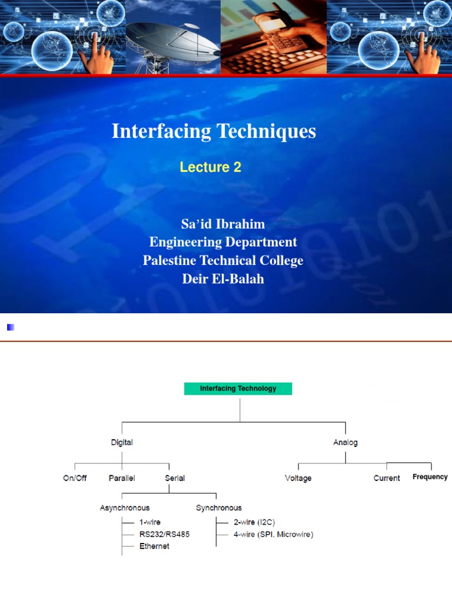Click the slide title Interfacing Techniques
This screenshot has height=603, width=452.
[x=214, y=131]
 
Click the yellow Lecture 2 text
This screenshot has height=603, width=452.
[x=210, y=167]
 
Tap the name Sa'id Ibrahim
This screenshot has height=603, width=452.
[x=222, y=224]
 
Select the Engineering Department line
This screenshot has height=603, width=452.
[x=222, y=242]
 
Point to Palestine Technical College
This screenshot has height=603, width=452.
[x=222, y=260]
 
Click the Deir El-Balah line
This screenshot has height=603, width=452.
[x=222, y=279]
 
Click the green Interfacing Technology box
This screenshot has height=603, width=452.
[x=238, y=389]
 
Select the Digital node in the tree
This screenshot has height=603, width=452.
[x=122, y=442]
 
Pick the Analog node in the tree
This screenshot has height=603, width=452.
[x=345, y=442]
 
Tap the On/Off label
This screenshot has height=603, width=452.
[x=75, y=478]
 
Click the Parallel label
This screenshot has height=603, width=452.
[x=122, y=478]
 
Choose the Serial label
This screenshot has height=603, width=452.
[x=175, y=478]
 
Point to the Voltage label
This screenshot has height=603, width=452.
[x=298, y=478]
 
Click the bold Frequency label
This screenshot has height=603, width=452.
[x=430, y=477]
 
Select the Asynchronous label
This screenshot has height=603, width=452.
[x=124, y=508]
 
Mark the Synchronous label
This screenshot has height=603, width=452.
[x=218, y=508]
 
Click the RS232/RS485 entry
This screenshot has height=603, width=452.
[x=164, y=534]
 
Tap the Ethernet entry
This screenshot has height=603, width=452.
[x=154, y=546]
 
